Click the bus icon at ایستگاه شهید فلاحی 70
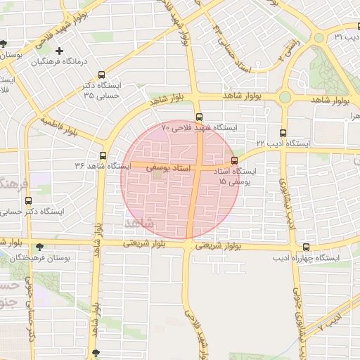pos(199,117)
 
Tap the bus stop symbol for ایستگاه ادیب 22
pos(283,132)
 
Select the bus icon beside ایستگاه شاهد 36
pos(103,155)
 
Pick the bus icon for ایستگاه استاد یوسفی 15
pos(234,160)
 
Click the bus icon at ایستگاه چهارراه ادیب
pos(306,247)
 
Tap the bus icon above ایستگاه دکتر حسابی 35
pos(103,75)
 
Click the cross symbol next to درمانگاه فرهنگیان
pos(60,51)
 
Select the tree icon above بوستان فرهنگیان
pos(39,247)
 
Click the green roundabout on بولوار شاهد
pos(285,98)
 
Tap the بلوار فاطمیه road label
pos(58,126)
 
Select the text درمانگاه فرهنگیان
pos(64,63)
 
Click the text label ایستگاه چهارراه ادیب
pos(306,259)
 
